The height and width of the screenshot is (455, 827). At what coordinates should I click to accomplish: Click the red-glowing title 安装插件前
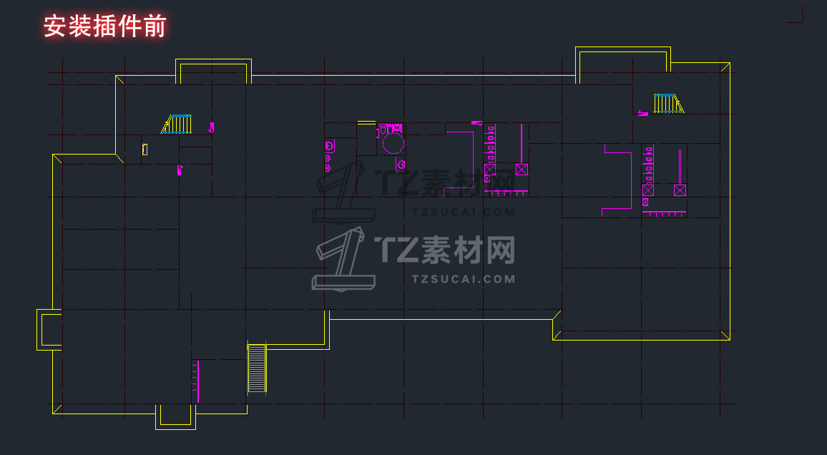[104, 26]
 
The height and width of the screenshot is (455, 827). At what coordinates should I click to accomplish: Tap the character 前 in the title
[154, 26]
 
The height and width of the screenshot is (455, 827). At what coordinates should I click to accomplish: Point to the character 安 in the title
[55, 26]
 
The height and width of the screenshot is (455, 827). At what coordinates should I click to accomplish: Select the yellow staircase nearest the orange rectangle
[177, 124]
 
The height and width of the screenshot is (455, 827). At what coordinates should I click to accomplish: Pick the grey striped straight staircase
[256, 368]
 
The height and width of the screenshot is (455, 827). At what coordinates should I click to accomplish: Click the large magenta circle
[393, 144]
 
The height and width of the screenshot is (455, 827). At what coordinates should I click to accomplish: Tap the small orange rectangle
[145, 149]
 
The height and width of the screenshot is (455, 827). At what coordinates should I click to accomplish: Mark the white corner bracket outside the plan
[796, 16]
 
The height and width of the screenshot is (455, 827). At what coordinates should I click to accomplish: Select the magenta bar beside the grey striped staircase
[197, 381]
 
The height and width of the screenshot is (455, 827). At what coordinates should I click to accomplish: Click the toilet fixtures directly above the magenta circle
[390, 129]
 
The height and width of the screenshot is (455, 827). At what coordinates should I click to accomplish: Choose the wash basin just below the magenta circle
[401, 165]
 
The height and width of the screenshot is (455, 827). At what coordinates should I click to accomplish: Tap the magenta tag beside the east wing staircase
[642, 113]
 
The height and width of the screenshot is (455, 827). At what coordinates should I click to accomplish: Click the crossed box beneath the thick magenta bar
[522, 170]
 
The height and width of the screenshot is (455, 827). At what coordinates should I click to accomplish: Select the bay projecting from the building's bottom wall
[175, 417]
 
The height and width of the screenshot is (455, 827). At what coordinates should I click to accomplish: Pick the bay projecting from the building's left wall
[49, 329]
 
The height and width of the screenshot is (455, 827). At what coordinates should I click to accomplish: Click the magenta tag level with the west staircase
[211, 127]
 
